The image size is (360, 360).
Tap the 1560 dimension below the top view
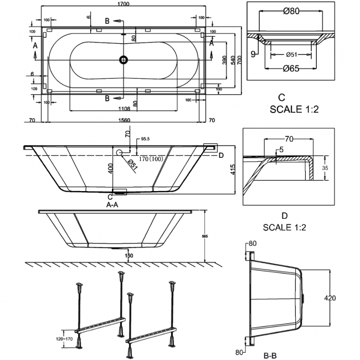[124, 120]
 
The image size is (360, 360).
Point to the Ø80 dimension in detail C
[291, 10]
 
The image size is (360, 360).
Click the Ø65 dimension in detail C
[291, 69]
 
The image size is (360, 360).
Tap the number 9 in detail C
[254, 54]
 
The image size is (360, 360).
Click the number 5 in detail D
[281, 150]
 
